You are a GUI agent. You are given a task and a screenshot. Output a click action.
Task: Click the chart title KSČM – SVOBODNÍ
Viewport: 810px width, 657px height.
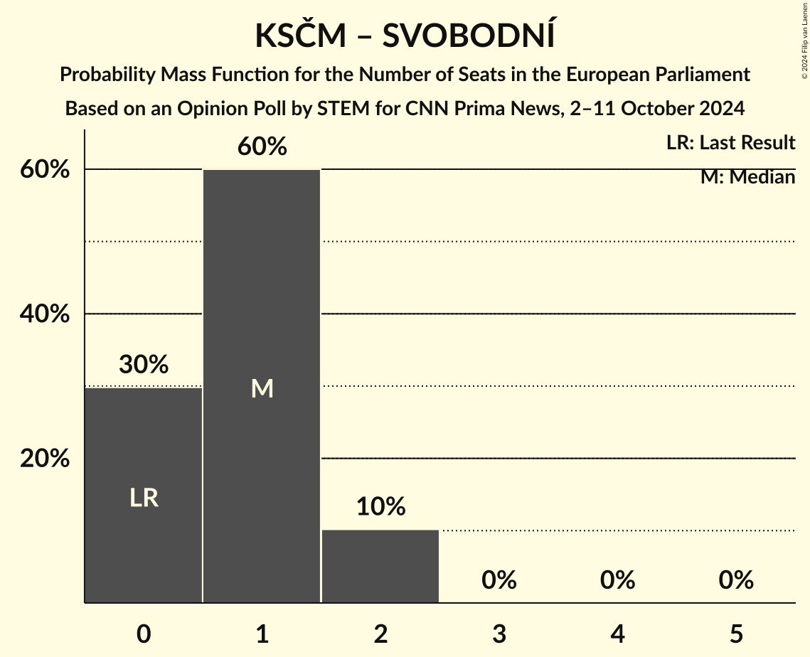405,36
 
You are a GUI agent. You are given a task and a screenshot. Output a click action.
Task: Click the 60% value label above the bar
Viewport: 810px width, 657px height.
262,147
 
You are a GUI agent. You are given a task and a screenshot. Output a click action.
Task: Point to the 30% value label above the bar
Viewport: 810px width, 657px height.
144,365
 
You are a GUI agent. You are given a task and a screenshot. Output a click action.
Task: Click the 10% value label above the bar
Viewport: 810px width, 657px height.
380,507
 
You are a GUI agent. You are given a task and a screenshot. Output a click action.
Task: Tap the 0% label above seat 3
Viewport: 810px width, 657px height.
499,580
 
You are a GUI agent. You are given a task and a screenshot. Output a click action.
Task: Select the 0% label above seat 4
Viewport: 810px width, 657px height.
617,580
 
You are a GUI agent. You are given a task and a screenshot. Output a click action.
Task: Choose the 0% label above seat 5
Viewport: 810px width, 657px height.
735,580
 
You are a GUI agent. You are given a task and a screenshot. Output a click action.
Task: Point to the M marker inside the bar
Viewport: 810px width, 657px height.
262,389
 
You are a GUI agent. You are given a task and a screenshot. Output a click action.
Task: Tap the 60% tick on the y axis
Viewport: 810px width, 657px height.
45,170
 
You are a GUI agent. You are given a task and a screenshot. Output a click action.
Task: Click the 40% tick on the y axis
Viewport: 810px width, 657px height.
45,314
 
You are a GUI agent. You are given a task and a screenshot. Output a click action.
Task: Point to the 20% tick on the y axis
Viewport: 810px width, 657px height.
45,459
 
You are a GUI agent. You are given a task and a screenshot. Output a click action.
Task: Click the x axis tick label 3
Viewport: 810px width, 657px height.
499,634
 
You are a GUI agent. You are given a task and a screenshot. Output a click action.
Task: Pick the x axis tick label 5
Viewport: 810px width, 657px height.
735,634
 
